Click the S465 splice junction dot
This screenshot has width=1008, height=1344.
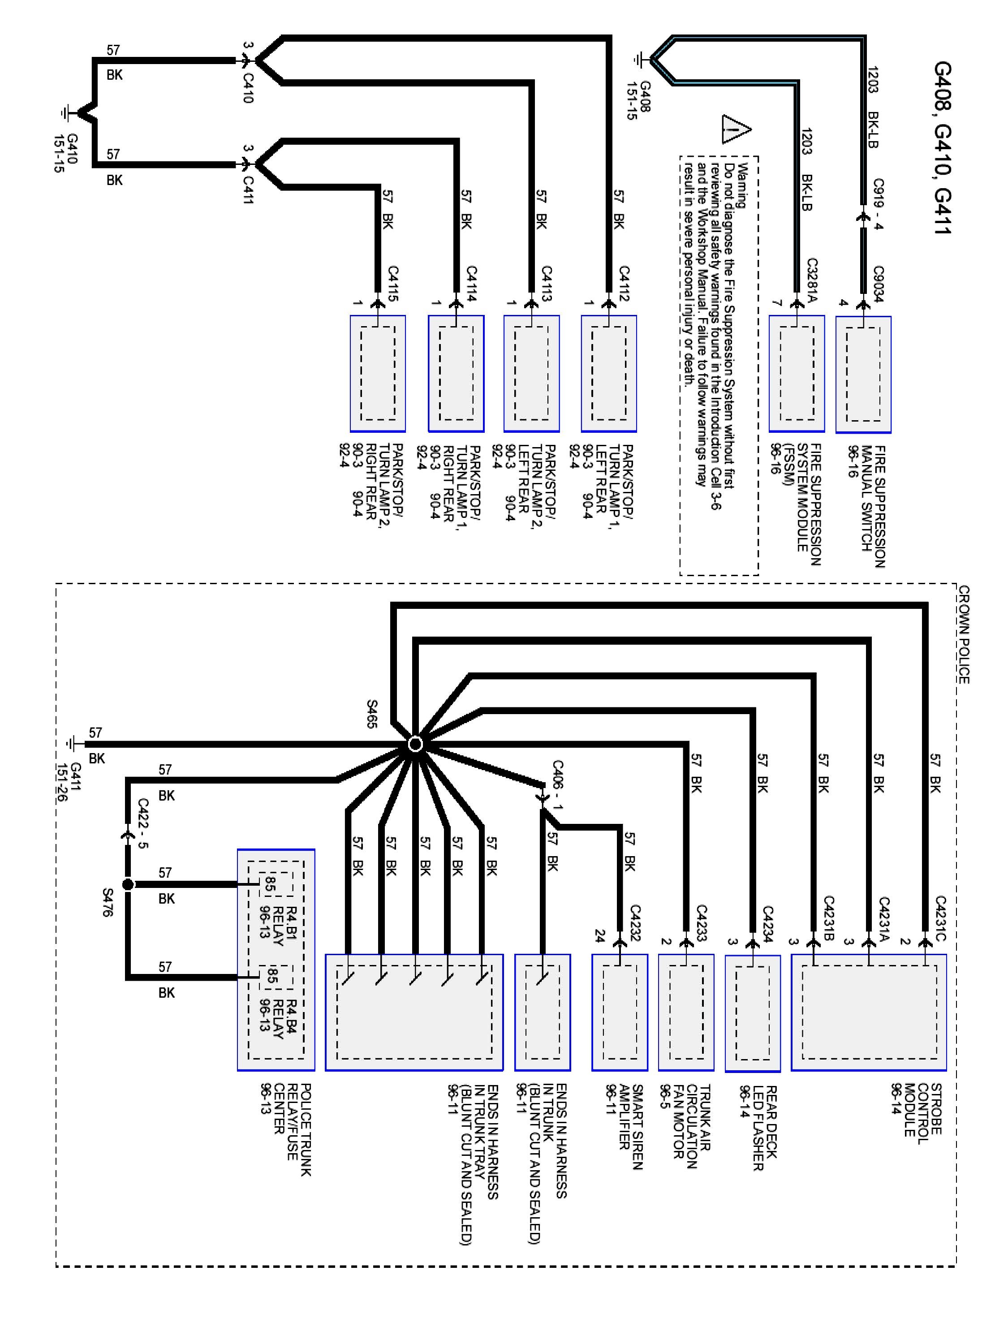pos(415,744)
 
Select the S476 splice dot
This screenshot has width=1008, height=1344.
pos(128,884)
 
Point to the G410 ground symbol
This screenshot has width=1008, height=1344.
pos(69,112)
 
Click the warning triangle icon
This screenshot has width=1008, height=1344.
pos(737,129)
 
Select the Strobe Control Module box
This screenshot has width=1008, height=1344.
pos(869,1012)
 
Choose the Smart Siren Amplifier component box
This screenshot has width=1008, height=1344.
pos(620,1012)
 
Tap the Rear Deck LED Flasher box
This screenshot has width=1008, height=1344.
pos(753,1013)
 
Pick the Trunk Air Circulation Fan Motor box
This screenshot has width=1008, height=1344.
pos(686,1012)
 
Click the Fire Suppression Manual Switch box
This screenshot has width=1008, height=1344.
pos(863,374)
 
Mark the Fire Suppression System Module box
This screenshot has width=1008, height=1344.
pos(797,374)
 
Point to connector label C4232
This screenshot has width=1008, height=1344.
pos(635,923)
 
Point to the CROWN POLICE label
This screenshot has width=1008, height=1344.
pos(964,634)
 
